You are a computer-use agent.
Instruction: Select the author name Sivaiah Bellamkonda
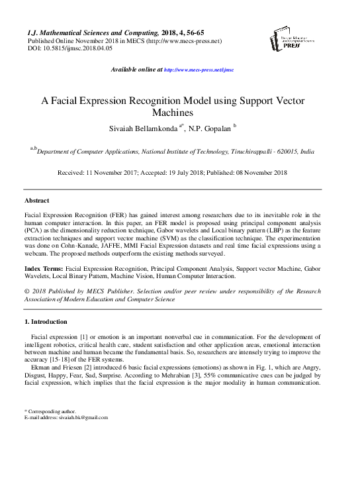point(140,126)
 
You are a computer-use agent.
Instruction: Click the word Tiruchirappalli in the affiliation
point(255,152)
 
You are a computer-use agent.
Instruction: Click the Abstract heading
point(36,200)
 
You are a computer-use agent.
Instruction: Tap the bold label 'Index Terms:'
point(44,270)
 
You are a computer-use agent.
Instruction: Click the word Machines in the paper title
point(180,113)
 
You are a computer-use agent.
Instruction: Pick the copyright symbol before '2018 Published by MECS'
point(26,291)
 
